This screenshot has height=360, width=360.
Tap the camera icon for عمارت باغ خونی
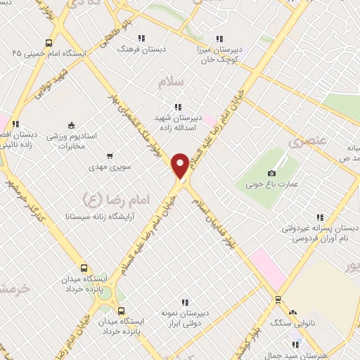pos(272,173)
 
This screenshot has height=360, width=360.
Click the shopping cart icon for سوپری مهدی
pos(110,156)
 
